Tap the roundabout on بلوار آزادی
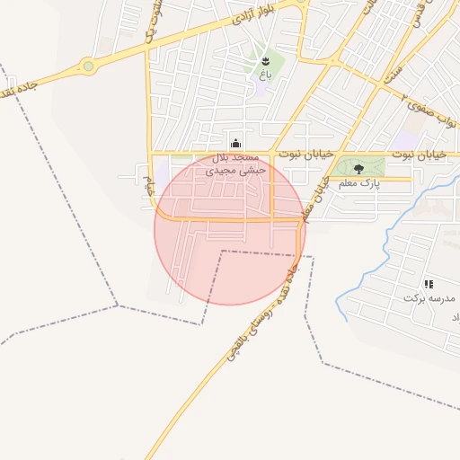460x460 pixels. coord(88,66)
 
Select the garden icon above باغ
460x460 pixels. coord(265,61)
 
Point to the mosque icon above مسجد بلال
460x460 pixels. coord(235,142)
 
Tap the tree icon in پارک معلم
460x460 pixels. coord(359,168)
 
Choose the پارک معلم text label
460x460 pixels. coord(359,183)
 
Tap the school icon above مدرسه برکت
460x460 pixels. coord(429,284)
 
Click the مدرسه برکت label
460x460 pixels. coord(429,297)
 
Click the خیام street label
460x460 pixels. coord(149,188)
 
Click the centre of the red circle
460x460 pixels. coord(230,230)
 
